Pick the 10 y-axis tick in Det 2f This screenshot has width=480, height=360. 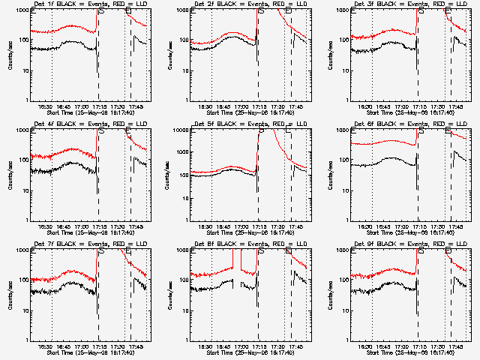coord(184,71)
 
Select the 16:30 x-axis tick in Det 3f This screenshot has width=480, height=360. coord(365,107)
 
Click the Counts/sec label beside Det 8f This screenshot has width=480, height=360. coord(171,294)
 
